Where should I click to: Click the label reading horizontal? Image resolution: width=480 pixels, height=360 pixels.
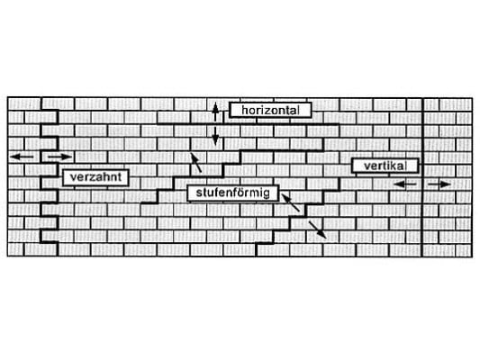(270, 110)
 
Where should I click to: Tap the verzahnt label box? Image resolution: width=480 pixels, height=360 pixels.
(95, 177)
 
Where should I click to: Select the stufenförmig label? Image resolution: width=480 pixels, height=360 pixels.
(232, 193)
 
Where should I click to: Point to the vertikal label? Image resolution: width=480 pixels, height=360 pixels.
(385, 166)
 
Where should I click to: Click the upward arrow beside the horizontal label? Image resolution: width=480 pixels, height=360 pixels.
(215, 112)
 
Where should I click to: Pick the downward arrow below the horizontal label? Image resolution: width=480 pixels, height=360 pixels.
(215, 136)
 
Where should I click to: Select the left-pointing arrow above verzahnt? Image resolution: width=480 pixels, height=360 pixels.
(22, 157)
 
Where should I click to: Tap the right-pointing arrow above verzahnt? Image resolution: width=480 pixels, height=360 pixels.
(59, 157)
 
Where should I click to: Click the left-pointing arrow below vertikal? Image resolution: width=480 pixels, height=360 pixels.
(404, 184)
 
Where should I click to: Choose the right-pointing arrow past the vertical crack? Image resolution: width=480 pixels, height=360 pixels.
(439, 184)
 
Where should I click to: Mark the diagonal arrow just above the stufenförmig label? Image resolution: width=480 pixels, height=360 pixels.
(196, 162)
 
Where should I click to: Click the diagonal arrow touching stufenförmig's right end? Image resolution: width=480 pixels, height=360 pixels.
(290, 202)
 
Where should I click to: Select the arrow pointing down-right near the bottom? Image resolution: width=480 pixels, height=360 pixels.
(318, 229)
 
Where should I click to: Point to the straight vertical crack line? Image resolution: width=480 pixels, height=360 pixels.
(422, 177)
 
